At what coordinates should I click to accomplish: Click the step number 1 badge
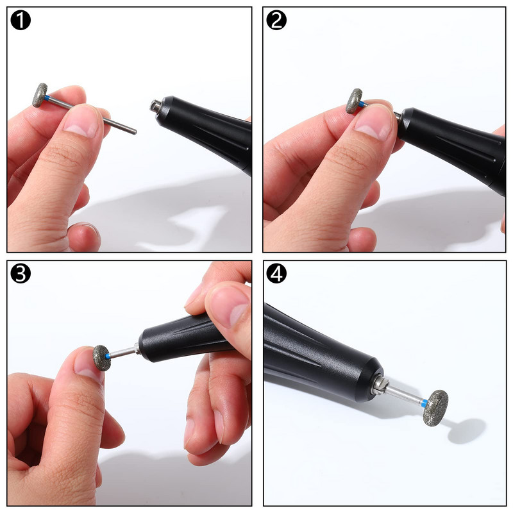click(x=21, y=21)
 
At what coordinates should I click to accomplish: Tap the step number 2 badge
click(x=276, y=21)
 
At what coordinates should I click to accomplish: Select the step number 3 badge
click(x=21, y=274)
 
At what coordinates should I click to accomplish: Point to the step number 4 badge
click(x=276, y=274)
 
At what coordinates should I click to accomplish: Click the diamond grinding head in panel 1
click(x=40, y=95)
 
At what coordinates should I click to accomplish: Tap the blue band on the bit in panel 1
click(x=47, y=98)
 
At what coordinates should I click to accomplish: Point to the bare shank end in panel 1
click(x=134, y=131)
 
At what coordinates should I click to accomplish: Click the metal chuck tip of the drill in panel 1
click(x=155, y=106)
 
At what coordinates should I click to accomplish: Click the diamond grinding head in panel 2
click(x=354, y=101)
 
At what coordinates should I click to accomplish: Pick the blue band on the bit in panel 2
click(x=362, y=105)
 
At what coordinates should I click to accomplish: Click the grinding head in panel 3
click(x=101, y=358)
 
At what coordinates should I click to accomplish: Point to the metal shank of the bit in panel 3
click(x=123, y=352)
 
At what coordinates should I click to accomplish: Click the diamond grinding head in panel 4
click(x=435, y=408)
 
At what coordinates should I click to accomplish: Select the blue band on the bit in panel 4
click(x=424, y=403)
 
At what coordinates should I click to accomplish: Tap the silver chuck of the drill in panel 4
click(x=380, y=386)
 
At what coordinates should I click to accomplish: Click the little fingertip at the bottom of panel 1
click(x=84, y=237)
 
